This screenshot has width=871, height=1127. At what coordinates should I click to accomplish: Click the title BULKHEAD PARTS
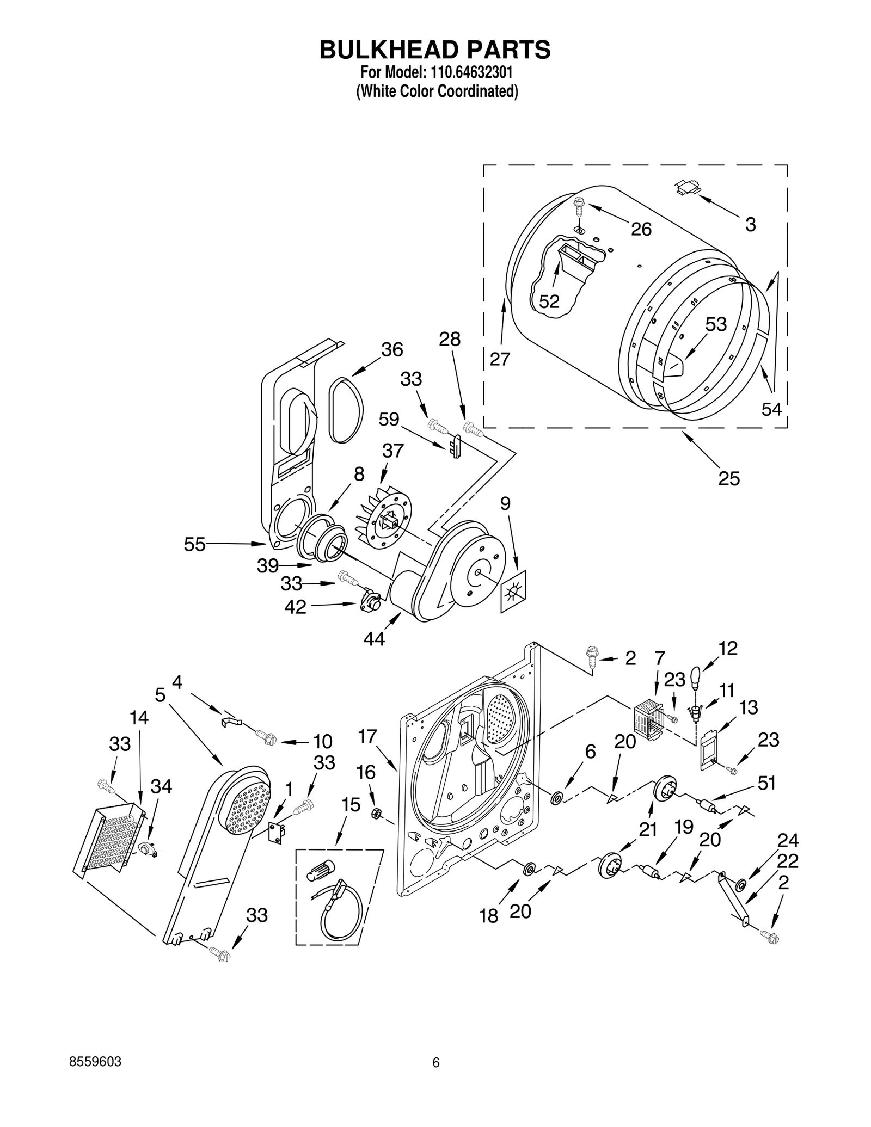click(x=435, y=50)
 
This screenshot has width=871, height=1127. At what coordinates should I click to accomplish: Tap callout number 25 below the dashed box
click(x=728, y=478)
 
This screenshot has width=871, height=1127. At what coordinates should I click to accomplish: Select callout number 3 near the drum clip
click(x=750, y=224)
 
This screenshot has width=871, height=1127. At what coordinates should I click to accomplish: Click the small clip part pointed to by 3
click(x=688, y=187)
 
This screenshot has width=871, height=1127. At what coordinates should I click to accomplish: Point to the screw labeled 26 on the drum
click(x=578, y=207)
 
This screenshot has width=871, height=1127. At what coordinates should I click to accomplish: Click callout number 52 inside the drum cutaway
click(x=549, y=301)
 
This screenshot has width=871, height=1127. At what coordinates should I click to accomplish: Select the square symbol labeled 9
click(x=513, y=592)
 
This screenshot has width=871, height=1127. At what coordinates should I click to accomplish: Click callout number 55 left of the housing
click(x=194, y=544)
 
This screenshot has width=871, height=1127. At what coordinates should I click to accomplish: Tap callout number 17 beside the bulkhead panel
click(x=367, y=737)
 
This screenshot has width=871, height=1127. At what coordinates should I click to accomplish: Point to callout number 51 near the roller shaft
click(x=766, y=783)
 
